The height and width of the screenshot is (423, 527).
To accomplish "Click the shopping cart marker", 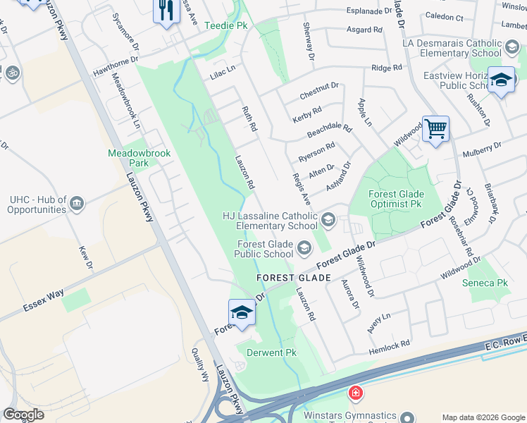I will (436, 129).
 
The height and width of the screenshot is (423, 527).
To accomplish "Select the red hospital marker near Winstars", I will (355, 393).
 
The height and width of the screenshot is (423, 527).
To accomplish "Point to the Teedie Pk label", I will (226, 25).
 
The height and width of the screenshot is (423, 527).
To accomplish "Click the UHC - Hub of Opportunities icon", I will (77, 204).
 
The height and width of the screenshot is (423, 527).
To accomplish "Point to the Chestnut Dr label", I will (319, 91).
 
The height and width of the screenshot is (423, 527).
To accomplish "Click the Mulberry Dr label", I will (481, 149).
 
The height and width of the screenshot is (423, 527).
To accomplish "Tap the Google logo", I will (24, 415).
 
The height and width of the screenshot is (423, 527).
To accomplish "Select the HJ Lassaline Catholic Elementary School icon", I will (328, 221).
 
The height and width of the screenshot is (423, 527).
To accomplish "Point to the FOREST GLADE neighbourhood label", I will (294, 278).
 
